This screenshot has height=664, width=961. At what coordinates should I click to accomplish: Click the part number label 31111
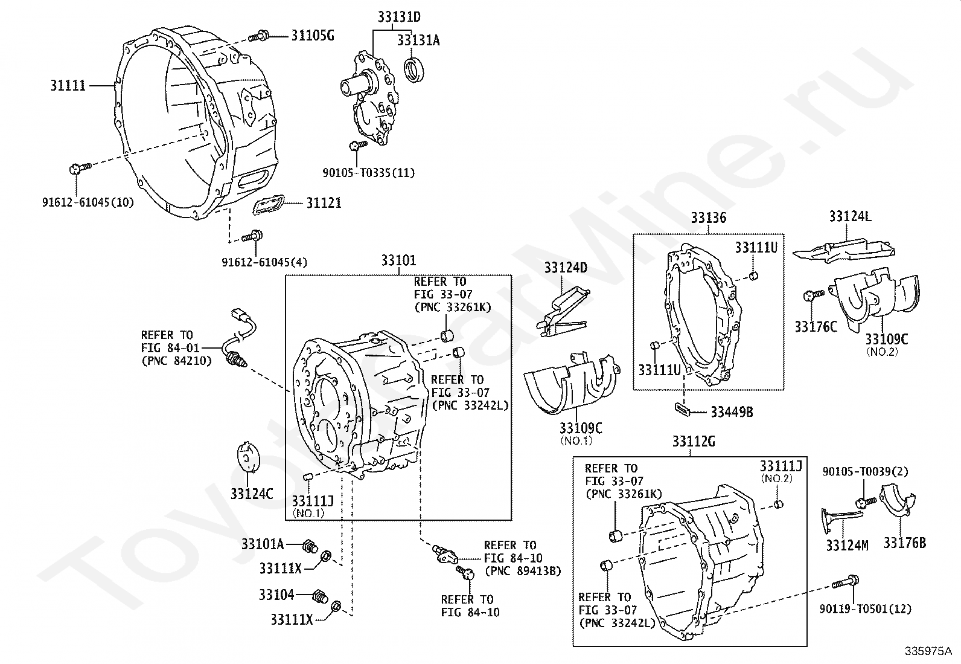(68, 86)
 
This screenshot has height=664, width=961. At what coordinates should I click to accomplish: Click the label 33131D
(399, 18)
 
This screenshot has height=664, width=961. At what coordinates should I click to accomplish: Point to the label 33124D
(566, 268)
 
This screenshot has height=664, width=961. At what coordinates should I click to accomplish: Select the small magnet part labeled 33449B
(682, 409)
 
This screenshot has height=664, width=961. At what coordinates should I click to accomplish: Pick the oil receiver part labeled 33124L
(845, 248)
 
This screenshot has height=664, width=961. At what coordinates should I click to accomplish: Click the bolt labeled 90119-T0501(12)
(845, 583)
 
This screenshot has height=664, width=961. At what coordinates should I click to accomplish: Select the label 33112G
(693, 442)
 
